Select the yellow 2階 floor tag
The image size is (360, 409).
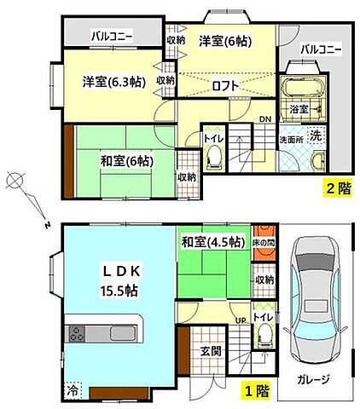335,189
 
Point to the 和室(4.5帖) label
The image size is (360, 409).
212,242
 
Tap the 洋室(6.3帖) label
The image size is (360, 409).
113,82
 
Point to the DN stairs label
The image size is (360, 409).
265,118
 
